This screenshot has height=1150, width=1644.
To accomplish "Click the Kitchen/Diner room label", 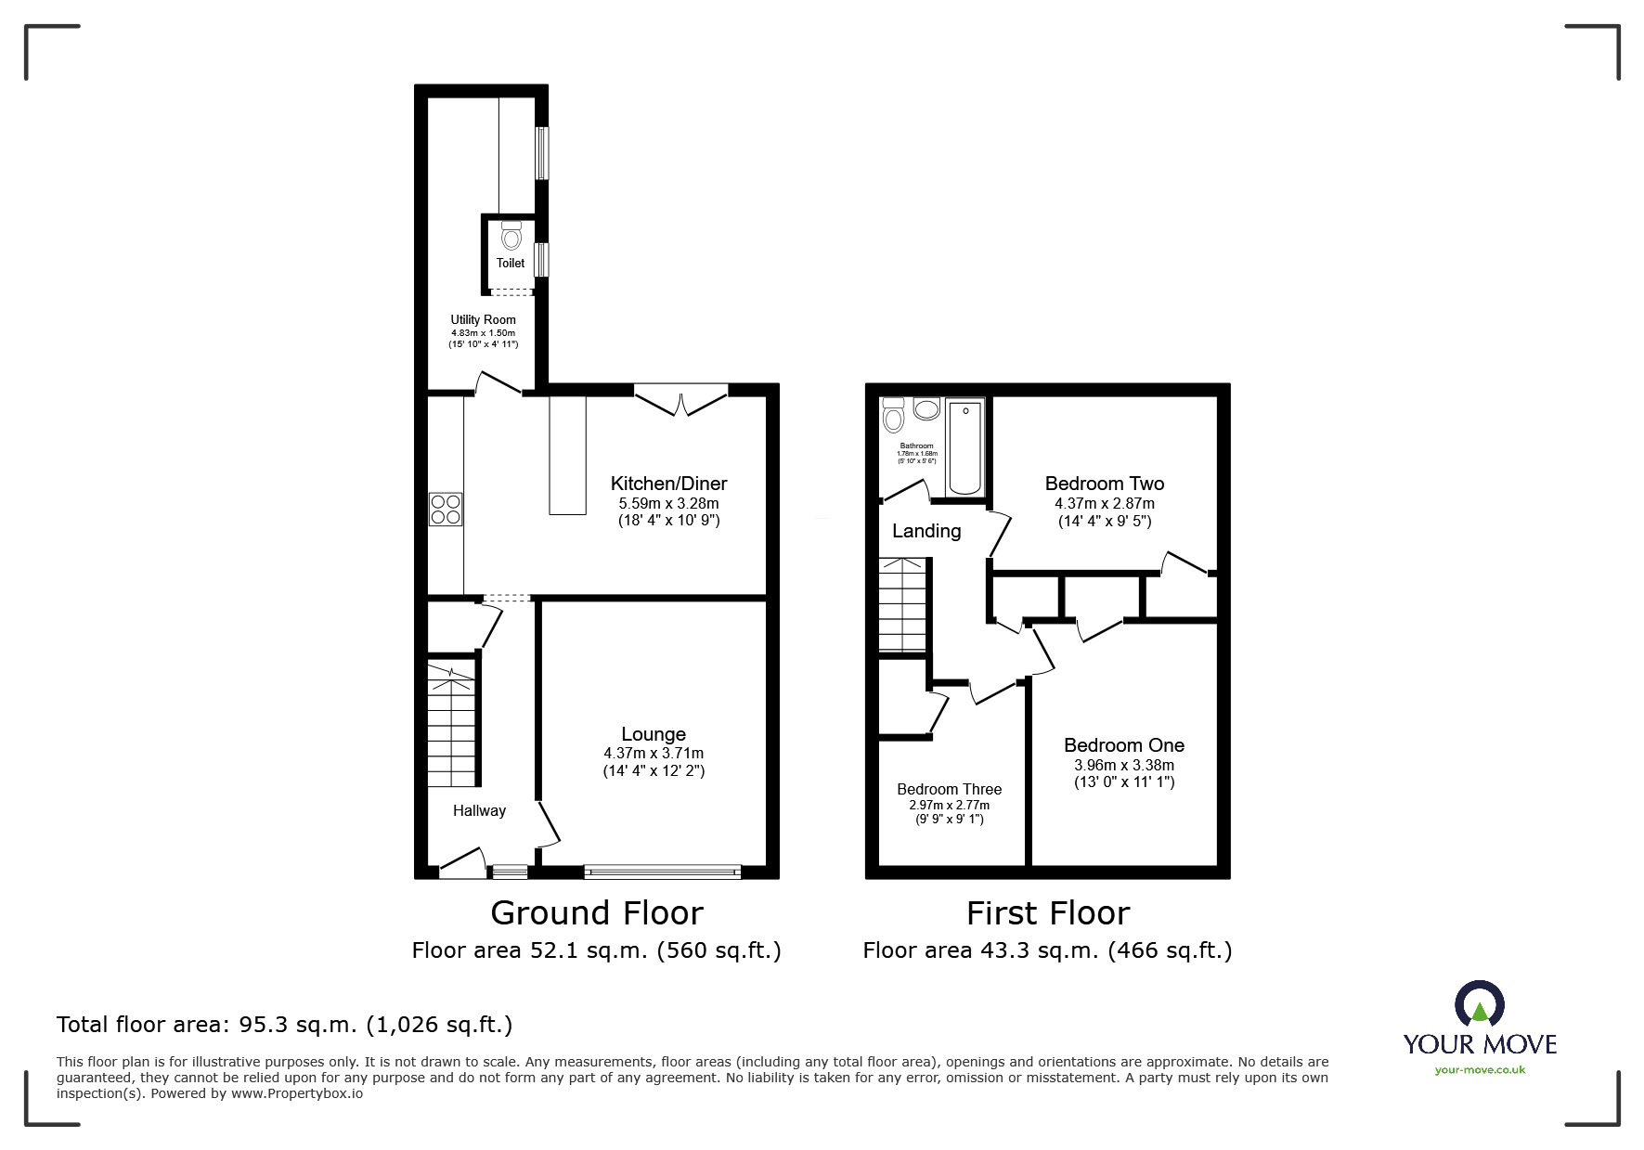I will pos(668,484).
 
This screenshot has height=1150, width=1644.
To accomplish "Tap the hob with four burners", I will pos(446,510).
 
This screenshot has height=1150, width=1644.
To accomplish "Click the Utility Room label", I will pos(483,319).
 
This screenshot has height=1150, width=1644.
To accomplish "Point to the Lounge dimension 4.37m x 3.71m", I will pos(654,754).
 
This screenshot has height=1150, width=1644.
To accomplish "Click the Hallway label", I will pos(479,810).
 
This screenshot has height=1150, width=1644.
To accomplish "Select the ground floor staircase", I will pos(452,724).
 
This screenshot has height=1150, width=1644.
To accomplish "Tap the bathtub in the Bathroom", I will pos(965,447).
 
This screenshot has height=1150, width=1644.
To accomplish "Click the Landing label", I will pos(926,531).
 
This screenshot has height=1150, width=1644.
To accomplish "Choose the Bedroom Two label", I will pos(1104,484).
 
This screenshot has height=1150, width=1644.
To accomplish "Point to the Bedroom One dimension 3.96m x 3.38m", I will pos(1123,766).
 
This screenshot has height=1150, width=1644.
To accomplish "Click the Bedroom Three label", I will pos(949,789).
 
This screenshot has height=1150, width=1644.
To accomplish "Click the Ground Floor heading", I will pos(596,913).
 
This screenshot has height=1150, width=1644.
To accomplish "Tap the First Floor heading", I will pos(1047,913).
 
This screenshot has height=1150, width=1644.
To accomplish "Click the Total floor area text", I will pos(284,1025).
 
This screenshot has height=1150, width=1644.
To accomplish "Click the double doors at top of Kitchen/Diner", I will pos(681,401).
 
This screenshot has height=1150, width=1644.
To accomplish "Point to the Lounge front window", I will pos(663,872).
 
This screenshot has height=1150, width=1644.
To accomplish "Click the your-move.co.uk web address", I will pos(1480,1070).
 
